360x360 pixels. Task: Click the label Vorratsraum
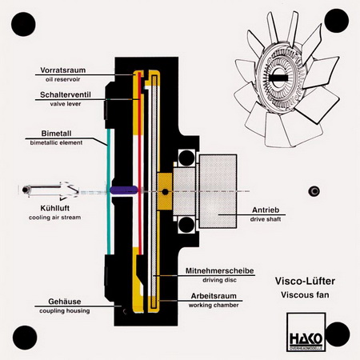pos(63,70)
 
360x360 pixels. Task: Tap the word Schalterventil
pos(66,94)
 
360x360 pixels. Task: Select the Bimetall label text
pos(56,133)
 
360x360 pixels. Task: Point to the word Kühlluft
pos(54,208)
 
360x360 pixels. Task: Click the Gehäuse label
pos(65,302)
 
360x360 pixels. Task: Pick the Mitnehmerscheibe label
pos(220,271)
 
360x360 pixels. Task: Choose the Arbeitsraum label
pos(214,296)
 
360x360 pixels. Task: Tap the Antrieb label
pos(266,210)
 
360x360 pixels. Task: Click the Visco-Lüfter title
pos(305,281)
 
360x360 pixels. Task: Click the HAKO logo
pos(306,332)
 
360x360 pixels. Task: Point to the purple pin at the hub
pos(124,190)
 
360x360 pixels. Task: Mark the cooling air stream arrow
pos(50,190)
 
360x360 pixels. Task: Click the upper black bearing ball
pos(186,158)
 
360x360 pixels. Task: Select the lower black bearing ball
pos(186,225)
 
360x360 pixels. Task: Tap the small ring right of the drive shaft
pos(314,191)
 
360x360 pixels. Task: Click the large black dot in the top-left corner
pos(23,24)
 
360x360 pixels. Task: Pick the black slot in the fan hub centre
pos(278,78)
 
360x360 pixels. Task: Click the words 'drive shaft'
pos(266,219)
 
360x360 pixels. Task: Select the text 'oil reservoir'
pos(63,79)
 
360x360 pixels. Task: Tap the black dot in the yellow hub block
pos(166,191)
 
